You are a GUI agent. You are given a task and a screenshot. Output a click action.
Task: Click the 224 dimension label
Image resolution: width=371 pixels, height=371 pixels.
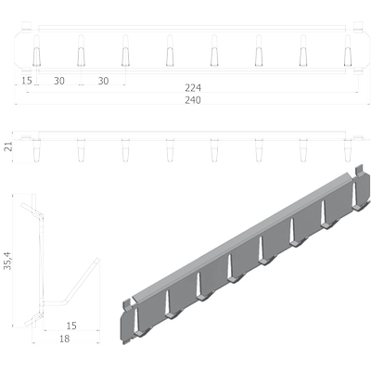click(193, 88)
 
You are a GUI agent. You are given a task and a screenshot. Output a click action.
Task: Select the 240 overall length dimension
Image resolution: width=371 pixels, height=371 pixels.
click(193, 100)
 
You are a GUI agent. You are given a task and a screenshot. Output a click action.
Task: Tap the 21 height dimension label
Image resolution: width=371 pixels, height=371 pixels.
click(9, 147)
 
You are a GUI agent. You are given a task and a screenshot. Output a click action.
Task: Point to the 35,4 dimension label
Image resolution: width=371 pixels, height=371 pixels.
click(7, 261)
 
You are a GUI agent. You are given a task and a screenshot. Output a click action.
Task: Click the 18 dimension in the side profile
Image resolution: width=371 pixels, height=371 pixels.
click(64, 339)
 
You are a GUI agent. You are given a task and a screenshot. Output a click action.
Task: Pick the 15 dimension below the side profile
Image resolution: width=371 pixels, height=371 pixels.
click(71, 326)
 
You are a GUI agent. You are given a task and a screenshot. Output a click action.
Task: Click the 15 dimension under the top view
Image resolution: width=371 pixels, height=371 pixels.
click(27, 81)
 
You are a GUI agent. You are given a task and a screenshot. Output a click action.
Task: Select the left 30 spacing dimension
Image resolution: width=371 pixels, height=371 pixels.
click(59, 81)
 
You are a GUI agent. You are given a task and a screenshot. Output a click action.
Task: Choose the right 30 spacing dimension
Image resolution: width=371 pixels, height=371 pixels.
click(104, 81)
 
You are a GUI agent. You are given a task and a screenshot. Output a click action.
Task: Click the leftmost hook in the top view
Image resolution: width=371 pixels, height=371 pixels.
click(36, 50)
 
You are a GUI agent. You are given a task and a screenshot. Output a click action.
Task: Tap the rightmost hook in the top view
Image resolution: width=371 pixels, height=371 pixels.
click(348, 50)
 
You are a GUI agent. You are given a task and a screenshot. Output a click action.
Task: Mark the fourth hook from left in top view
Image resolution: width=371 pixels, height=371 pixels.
click(170, 50)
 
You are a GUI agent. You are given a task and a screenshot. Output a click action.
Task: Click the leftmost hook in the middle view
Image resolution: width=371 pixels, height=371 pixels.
click(36, 150)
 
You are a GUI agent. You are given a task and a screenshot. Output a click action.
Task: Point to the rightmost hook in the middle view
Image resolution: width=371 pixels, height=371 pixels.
click(348, 150)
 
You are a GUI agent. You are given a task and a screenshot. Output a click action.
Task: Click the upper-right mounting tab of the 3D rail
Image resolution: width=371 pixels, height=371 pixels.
click(359, 171)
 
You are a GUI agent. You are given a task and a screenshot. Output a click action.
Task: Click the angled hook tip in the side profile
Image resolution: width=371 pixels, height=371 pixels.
click(97, 261)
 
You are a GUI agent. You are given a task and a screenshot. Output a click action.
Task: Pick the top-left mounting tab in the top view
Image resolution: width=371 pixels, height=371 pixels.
click(27, 27)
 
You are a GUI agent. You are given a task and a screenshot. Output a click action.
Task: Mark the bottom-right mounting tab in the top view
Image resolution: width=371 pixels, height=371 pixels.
click(358, 71)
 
